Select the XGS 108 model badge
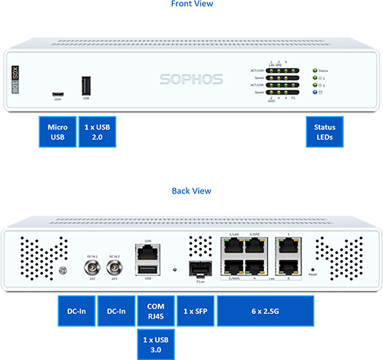coord(17,80)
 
